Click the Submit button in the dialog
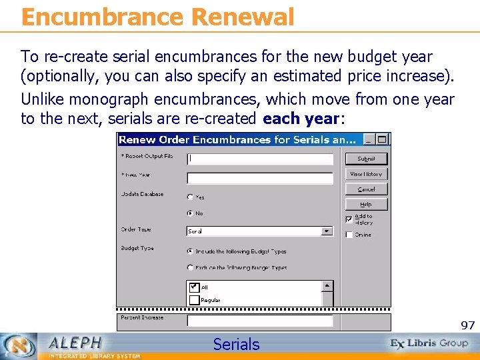[366, 159]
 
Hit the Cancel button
[366, 189]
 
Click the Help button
[366, 205]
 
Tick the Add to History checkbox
[349, 219]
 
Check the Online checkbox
[349, 235]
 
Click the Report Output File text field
[260, 159]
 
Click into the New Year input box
[260, 178]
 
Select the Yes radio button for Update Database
[191, 197]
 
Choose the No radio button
[191, 213]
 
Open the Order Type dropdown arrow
[327, 231]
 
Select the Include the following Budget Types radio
[191, 251]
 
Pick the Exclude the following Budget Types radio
[191, 267]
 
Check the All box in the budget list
[195, 287]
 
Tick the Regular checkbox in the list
[195, 300]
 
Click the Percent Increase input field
[260, 321]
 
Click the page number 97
[467, 325]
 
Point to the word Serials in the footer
[236, 344]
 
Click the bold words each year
[301, 119]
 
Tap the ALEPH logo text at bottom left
[75, 343]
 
